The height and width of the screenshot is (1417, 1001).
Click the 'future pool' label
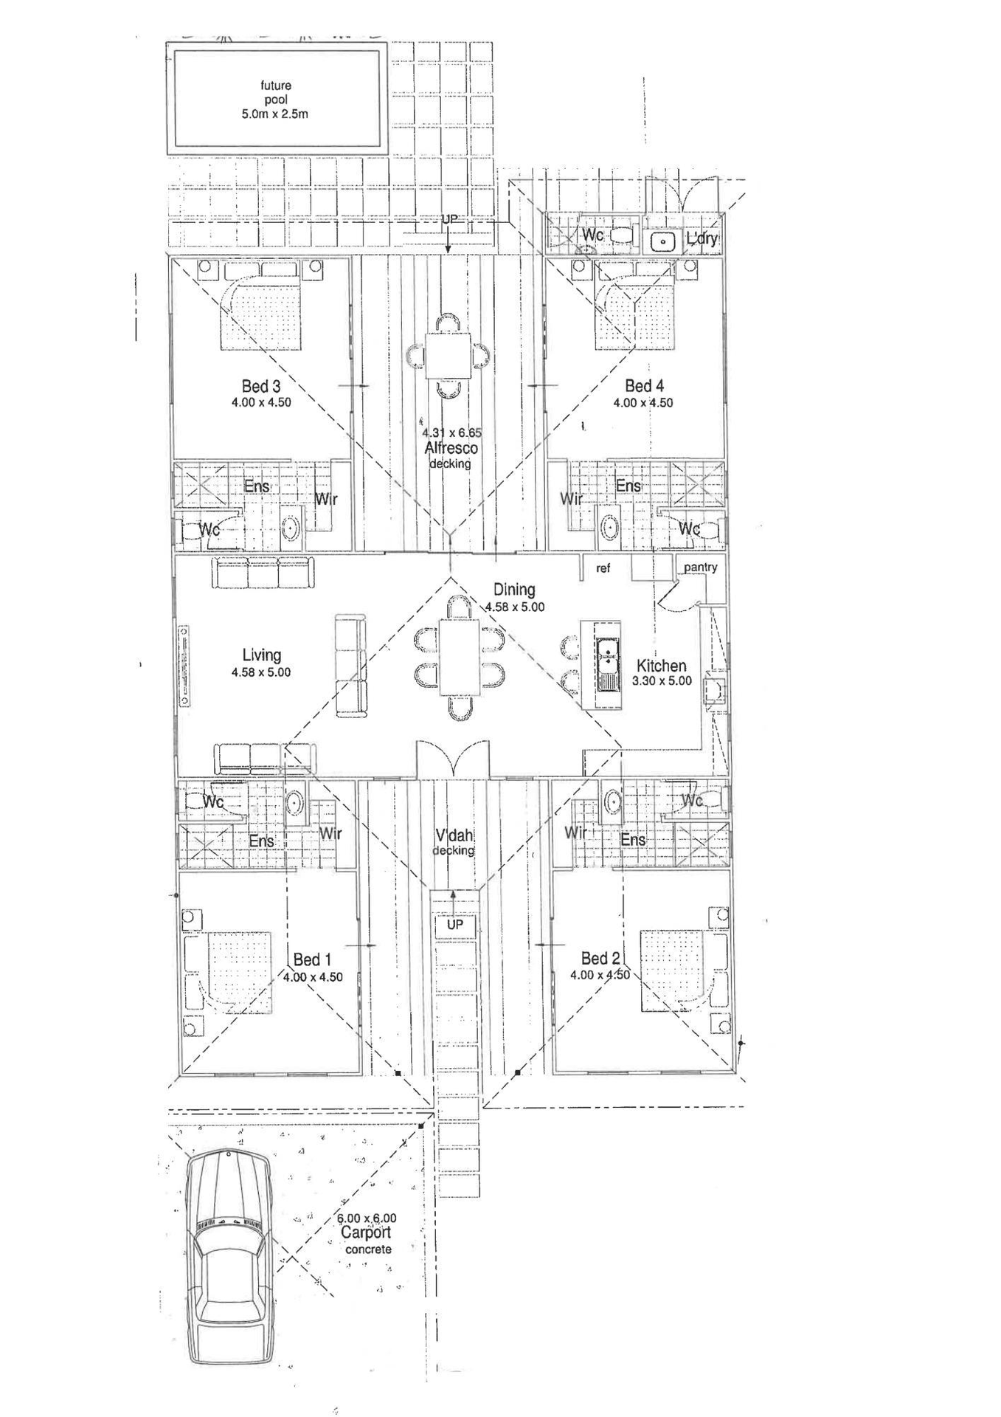[275, 92]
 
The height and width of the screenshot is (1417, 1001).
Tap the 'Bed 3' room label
[261, 386]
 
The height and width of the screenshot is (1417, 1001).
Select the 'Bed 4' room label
[644, 386]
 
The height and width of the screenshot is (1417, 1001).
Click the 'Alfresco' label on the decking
[451, 448]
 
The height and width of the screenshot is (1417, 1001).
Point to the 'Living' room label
[261, 655]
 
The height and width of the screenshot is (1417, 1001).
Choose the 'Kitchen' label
[661, 666]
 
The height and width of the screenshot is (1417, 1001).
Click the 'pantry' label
[700, 568]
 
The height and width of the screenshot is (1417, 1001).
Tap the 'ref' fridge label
[603, 568]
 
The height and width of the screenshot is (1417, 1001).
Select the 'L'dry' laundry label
[701, 238]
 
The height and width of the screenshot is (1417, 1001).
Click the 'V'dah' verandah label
[454, 836]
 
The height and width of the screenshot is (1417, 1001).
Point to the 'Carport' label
[366, 1233]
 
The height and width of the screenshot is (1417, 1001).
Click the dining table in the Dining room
[460, 657]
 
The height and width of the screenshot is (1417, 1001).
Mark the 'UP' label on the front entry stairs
[455, 925]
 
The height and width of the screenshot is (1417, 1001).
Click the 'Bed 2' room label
[600, 959]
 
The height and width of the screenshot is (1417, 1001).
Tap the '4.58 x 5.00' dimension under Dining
[514, 607]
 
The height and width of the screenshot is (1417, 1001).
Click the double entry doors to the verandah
[451, 760]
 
